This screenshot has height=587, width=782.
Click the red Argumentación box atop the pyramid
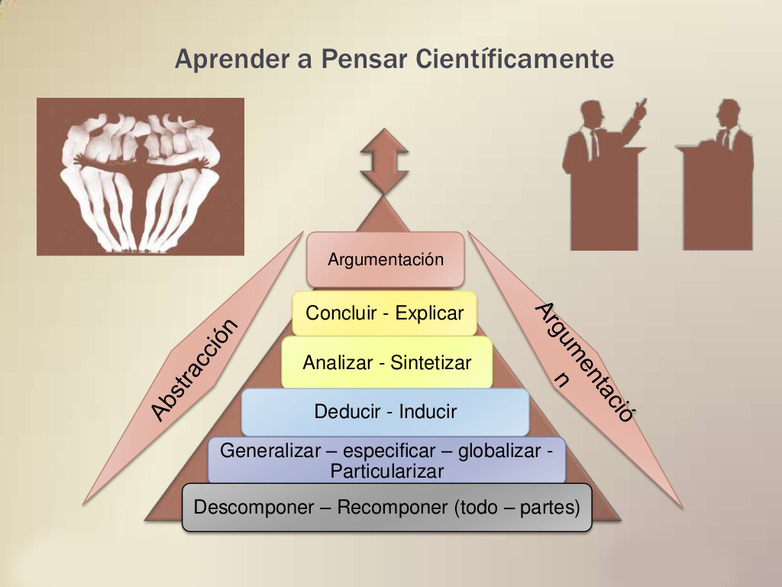pos(386,259)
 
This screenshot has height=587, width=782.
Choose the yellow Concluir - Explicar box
pos(384,313)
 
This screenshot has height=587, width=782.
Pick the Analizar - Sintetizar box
pos(386,362)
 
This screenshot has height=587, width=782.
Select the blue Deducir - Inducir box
pos(385,411)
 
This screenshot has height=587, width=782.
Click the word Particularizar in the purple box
pos(386,471)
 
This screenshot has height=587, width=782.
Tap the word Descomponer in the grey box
pos(244,507)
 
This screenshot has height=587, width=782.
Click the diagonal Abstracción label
pos(194,370)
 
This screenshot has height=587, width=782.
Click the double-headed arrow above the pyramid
pos(384,161)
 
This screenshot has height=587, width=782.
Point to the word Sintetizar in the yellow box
pos(431,362)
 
